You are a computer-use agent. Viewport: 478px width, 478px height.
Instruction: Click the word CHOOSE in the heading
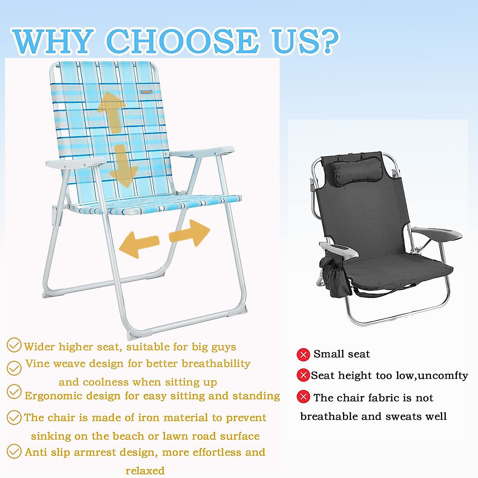click(182, 41)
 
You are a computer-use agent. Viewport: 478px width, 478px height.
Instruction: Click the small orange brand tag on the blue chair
click(146, 92)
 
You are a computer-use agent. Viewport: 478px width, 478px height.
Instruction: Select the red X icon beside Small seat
click(304, 355)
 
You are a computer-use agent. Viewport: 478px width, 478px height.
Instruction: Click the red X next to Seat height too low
click(304, 375)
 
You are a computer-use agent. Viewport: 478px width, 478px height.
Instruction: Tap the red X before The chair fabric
click(304, 397)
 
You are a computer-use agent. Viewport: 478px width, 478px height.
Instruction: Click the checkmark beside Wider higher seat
click(14, 345)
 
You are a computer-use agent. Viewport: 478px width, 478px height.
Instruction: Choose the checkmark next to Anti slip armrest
click(14, 451)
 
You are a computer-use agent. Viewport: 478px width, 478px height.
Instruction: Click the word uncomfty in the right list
click(443, 376)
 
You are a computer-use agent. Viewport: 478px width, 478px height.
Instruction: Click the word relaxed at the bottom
click(145, 471)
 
